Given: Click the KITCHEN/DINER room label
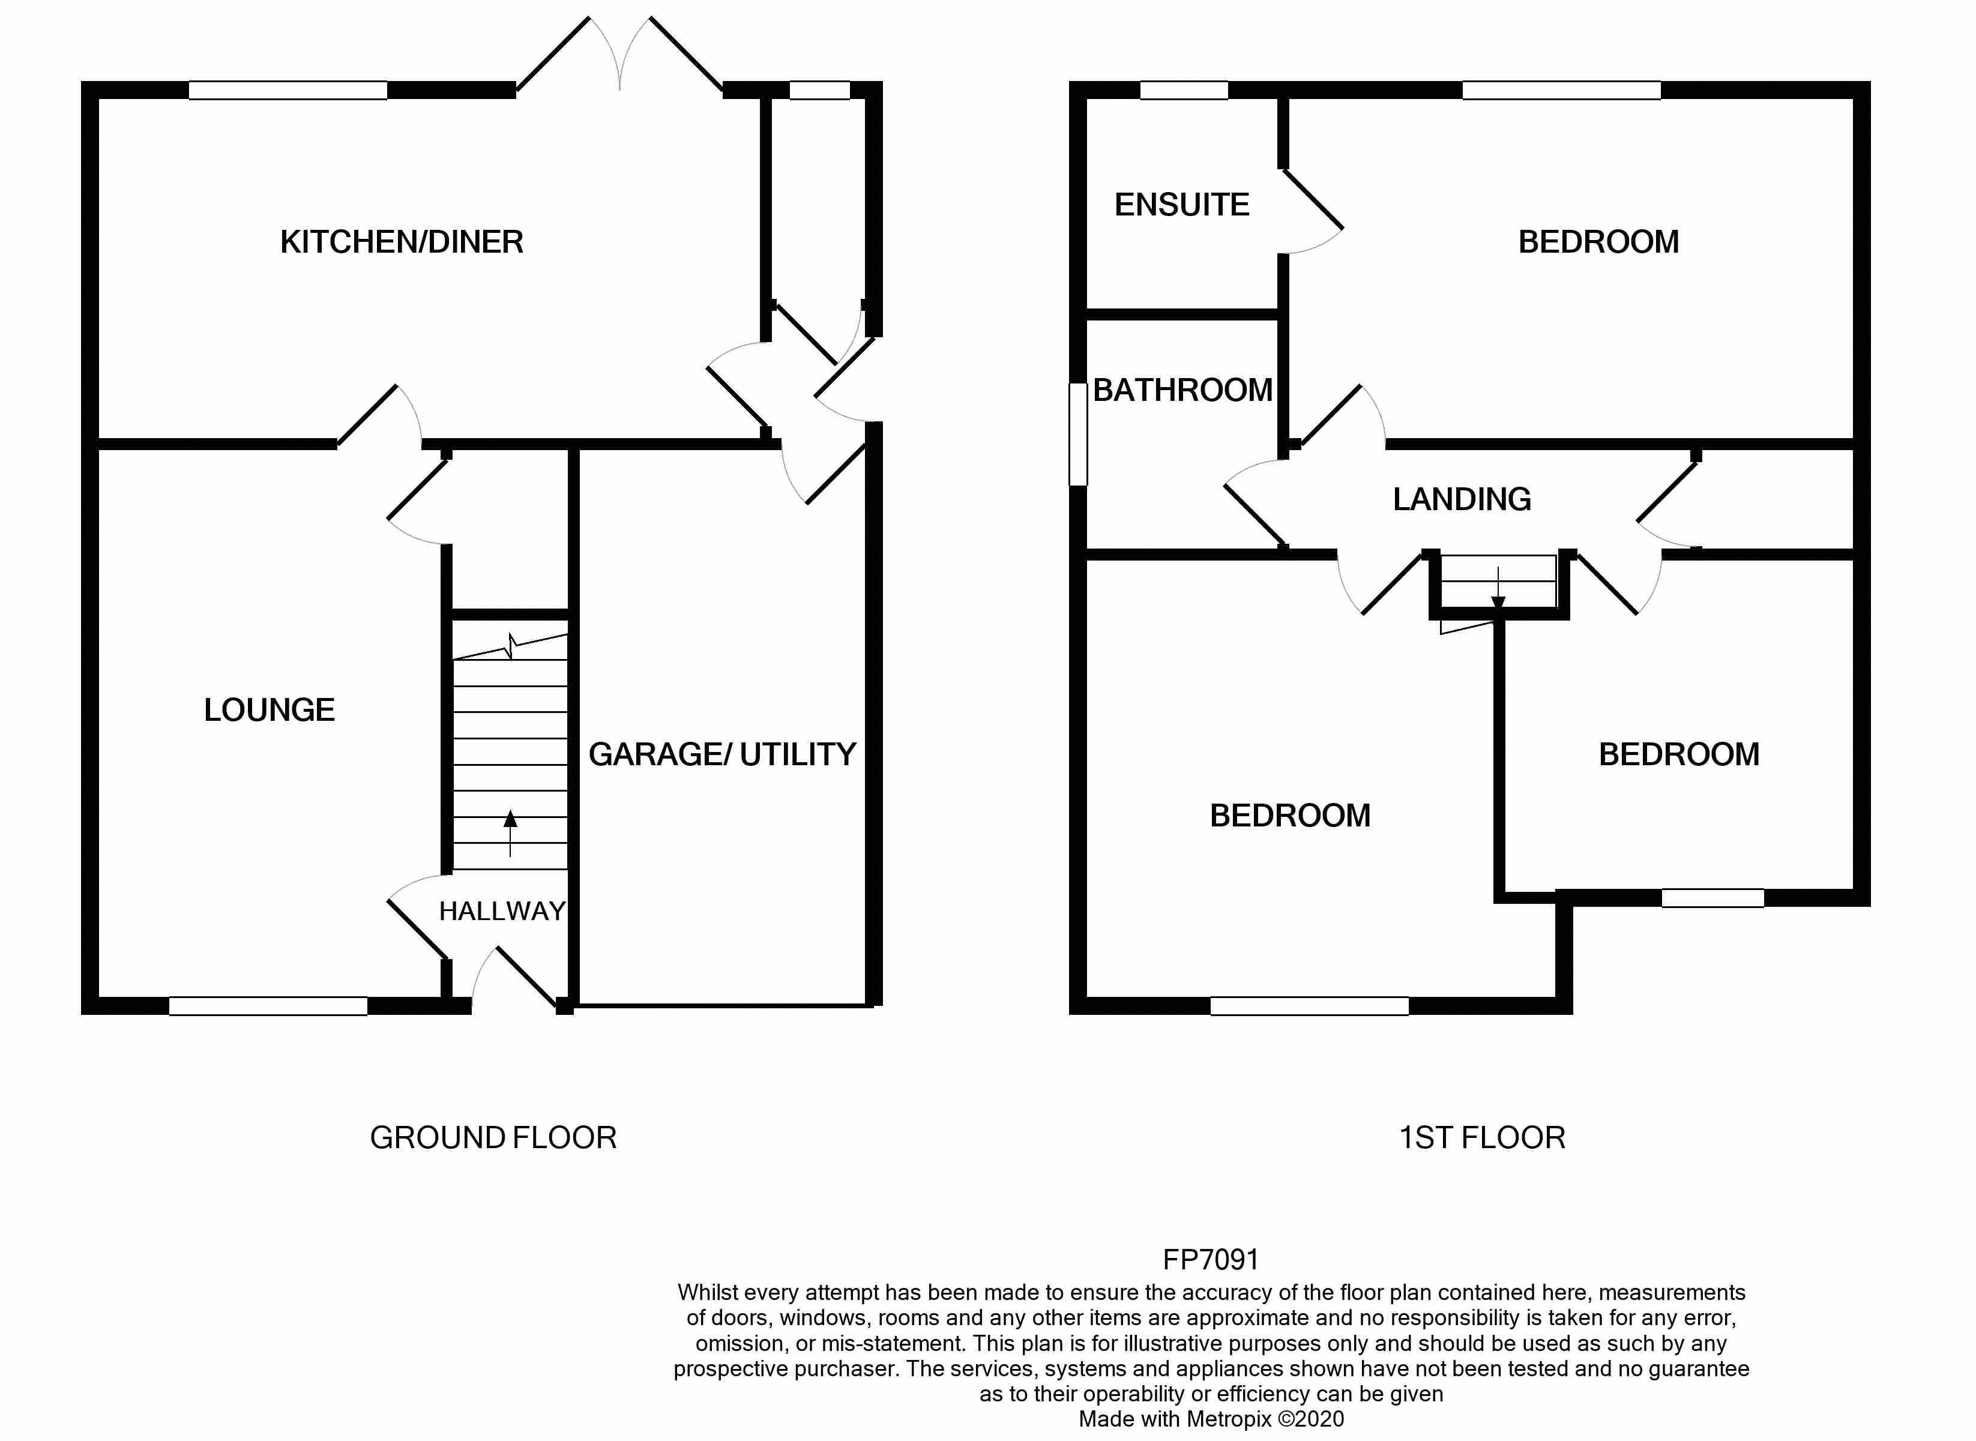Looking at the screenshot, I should point(402,242).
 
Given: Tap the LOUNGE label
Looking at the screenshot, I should point(269,710).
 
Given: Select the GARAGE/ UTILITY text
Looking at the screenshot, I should point(721,754).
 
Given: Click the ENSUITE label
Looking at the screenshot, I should point(1181,205).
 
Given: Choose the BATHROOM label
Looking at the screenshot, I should point(1182,390).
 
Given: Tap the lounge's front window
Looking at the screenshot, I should point(268,1006).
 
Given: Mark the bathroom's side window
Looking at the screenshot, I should point(1078,433).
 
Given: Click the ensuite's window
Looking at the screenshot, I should point(1183,90).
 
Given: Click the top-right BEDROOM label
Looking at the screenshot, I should point(1598,242).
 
